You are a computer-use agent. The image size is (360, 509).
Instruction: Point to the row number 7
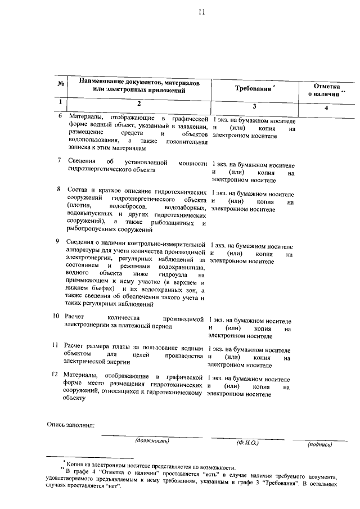click(x=59, y=160)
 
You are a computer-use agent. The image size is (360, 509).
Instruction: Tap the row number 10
click(x=56, y=317)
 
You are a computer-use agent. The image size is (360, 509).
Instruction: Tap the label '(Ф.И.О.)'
click(x=247, y=443)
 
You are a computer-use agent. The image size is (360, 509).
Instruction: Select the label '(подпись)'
click(x=319, y=444)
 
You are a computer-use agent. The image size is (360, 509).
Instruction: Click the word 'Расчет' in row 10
click(x=75, y=318)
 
